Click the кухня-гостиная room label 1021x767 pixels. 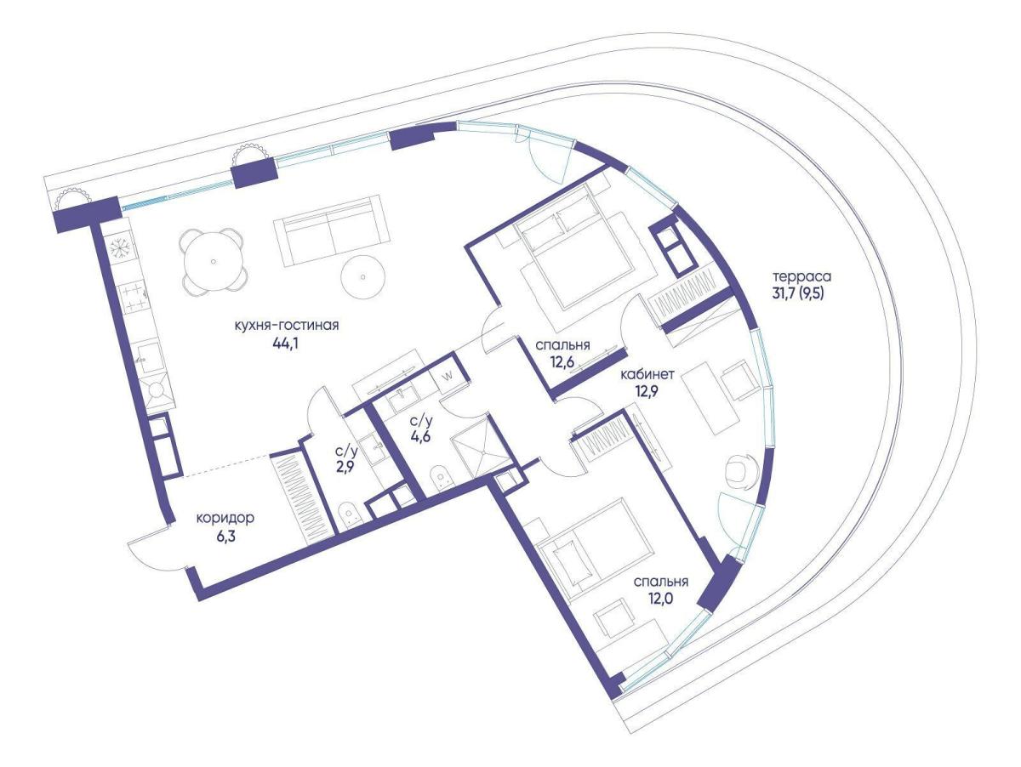point(287,325)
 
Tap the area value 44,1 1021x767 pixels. point(286,344)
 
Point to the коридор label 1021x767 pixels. point(225,518)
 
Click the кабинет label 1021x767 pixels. point(647,375)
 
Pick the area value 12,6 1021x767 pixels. point(563,362)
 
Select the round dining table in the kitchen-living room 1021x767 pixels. point(213,261)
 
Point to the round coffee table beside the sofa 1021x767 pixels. point(362,277)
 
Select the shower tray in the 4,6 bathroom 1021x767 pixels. point(483,452)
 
